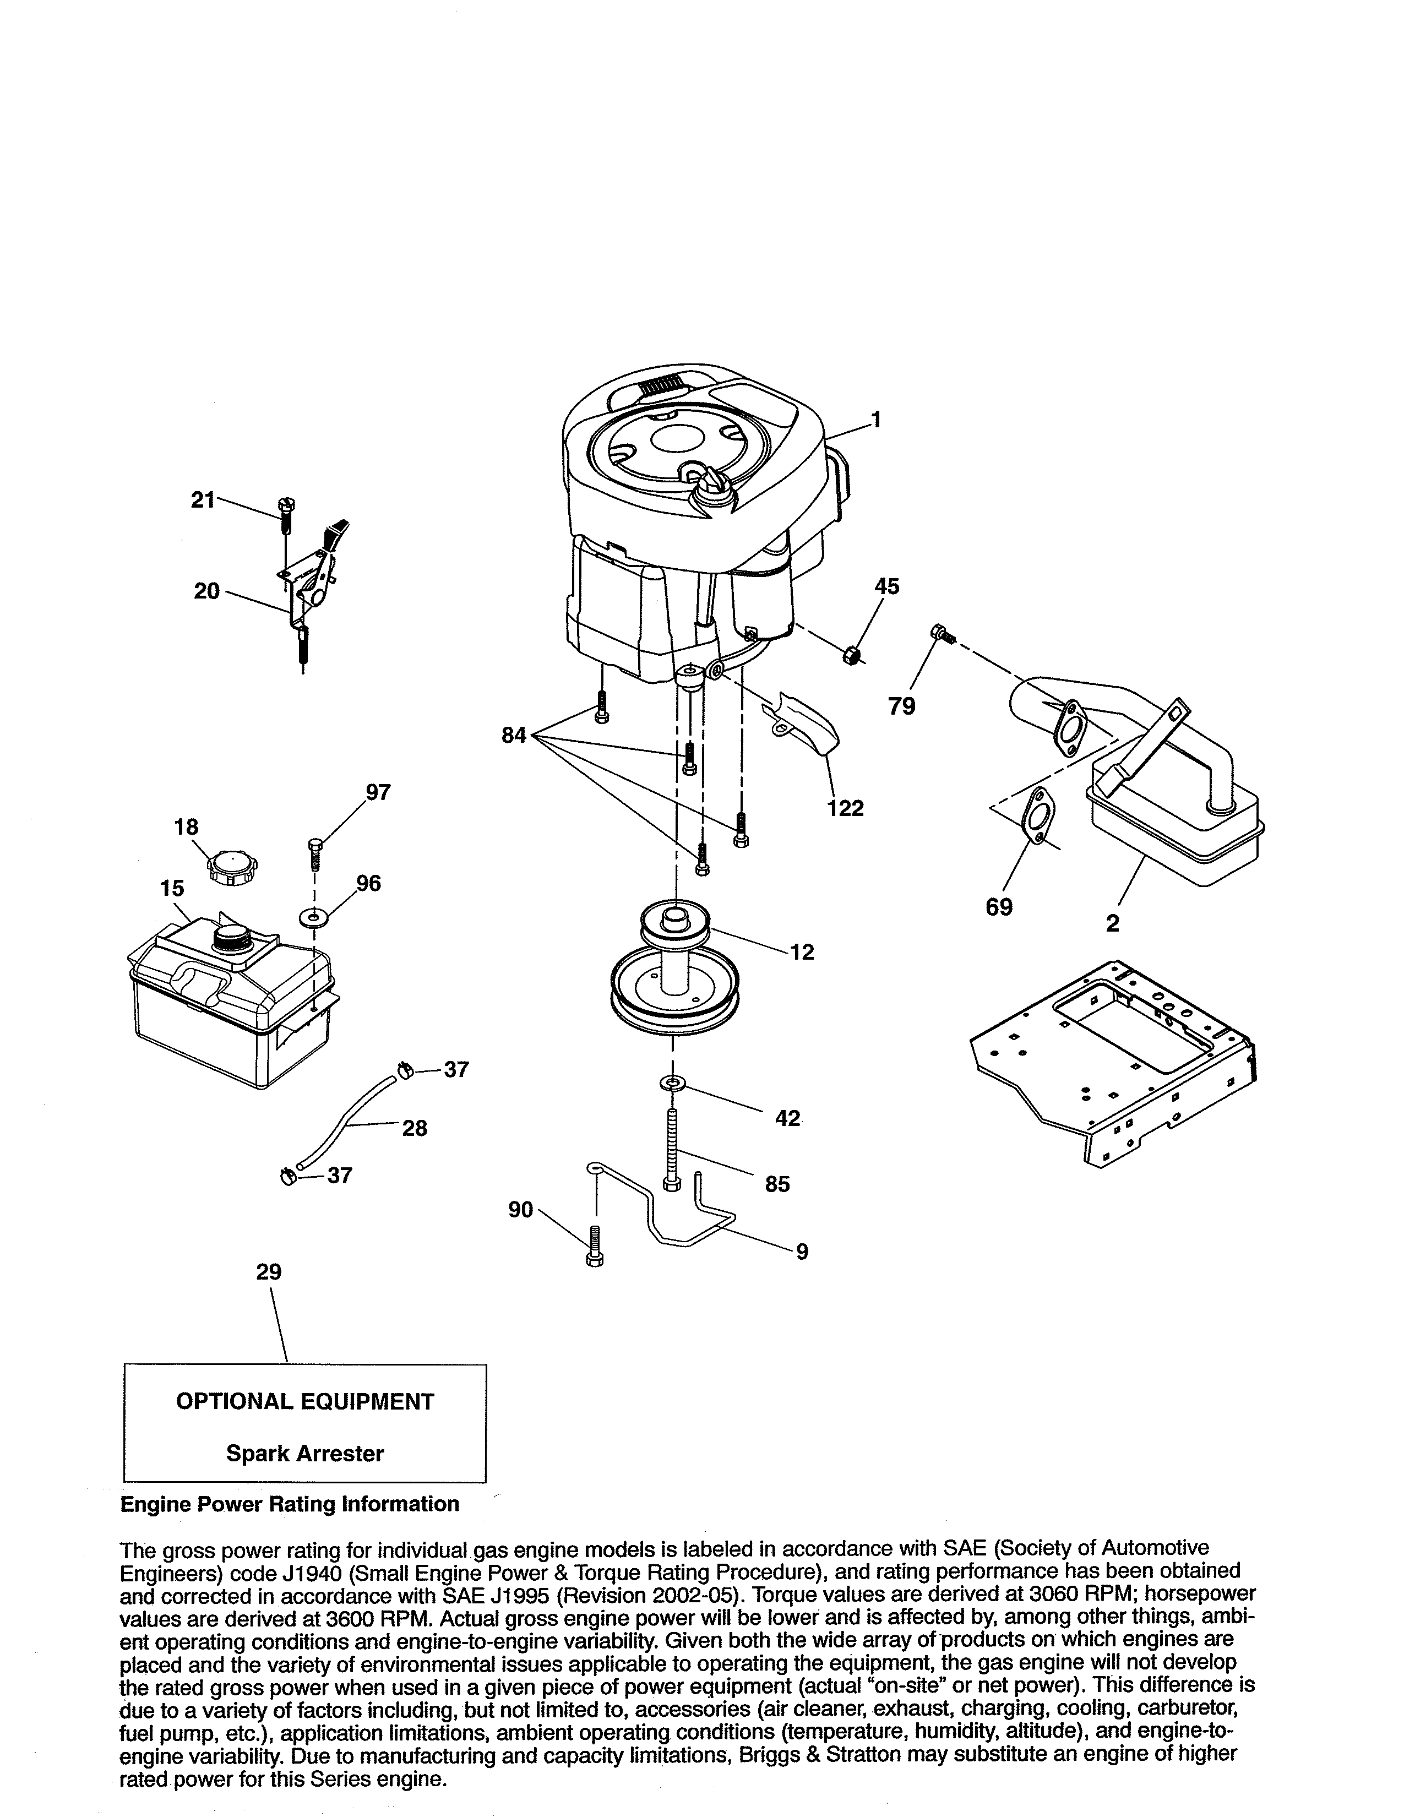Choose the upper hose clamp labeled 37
[x=406, y=1069]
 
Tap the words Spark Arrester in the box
[x=304, y=1454]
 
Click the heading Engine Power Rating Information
[x=290, y=1503]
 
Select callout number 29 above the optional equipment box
[x=269, y=1272]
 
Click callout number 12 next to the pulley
[x=802, y=952]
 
